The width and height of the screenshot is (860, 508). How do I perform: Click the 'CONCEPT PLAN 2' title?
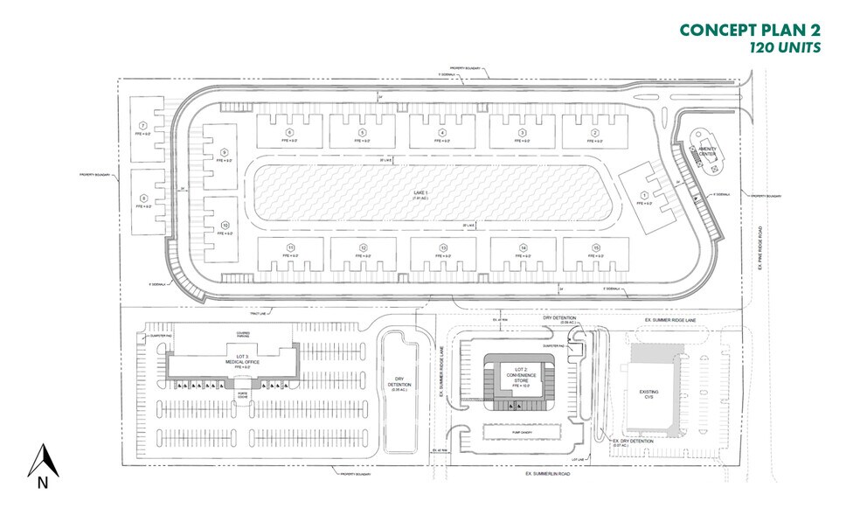[x=750, y=29]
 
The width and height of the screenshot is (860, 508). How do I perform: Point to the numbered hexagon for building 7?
[x=140, y=128]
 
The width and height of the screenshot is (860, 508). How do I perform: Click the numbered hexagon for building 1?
[x=645, y=195]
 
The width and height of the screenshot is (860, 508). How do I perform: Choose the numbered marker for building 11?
[x=289, y=248]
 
